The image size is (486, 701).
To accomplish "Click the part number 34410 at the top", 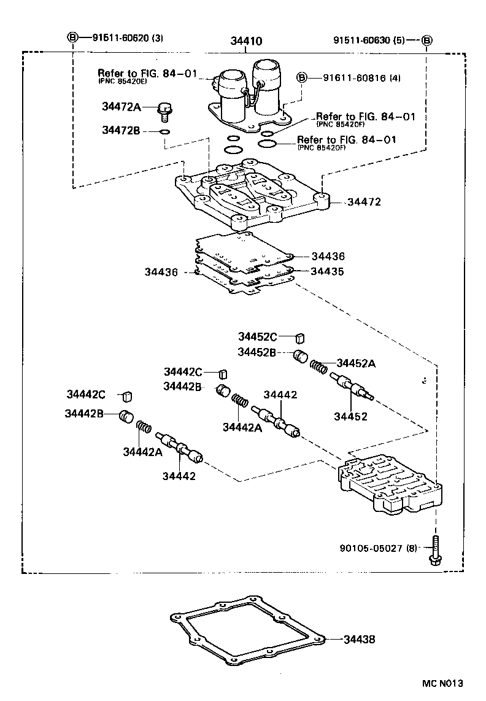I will point(247,42).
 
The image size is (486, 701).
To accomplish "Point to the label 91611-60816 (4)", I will point(352,78).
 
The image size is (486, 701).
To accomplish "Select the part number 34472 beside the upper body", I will point(364,201).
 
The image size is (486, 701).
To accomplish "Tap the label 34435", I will point(327,271).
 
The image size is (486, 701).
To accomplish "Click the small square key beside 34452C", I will point(300,336).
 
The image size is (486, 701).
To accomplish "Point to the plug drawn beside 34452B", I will point(299,355).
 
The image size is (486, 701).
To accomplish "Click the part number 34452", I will point(350,416).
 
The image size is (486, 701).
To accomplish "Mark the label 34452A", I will point(355,363).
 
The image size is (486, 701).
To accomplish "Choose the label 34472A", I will point(121,107).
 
